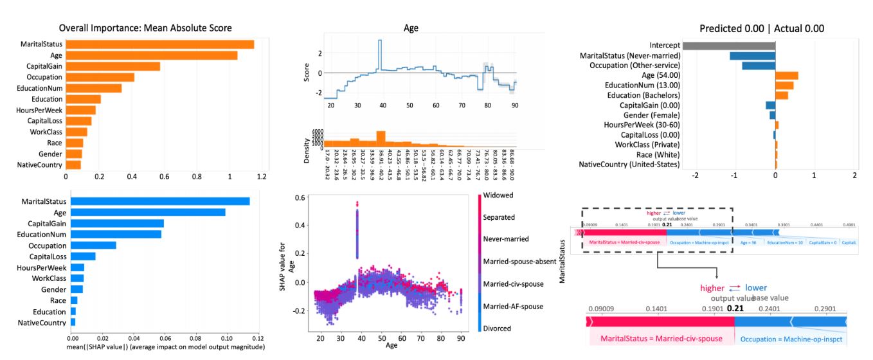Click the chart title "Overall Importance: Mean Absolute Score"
pyautogui.click(x=145, y=28)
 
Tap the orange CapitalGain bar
pyautogui.click(x=113, y=66)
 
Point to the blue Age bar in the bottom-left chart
pyautogui.click(x=147, y=212)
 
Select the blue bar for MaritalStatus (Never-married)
pyautogui.click(x=752, y=56)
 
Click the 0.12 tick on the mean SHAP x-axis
pyautogui.click(x=257, y=337)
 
